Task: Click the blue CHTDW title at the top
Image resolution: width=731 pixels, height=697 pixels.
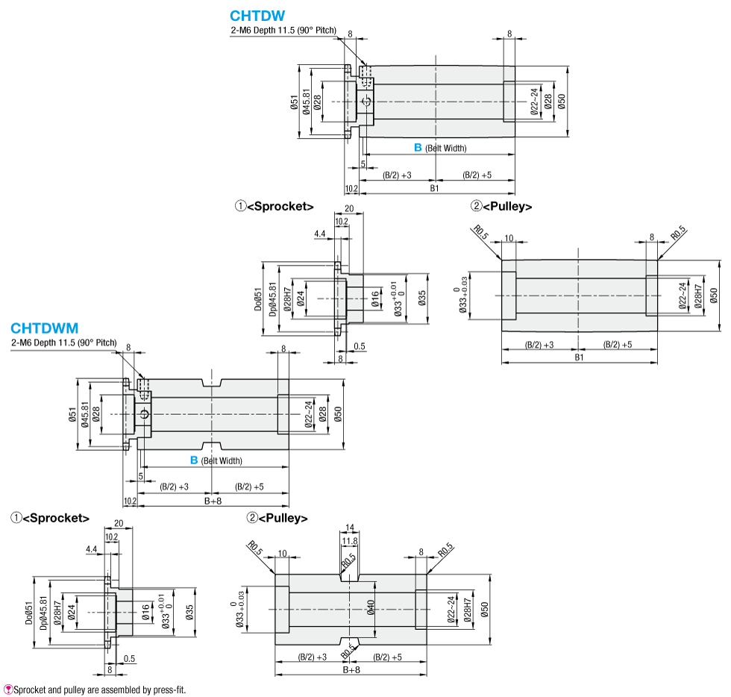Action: click(257, 16)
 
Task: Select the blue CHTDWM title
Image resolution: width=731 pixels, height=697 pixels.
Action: click(45, 328)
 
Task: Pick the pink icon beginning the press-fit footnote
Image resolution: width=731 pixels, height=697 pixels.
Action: click(7, 689)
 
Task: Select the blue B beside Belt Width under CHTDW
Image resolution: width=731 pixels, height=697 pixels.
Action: click(418, 148)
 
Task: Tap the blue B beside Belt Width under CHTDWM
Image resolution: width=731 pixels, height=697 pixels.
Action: click(194, 460)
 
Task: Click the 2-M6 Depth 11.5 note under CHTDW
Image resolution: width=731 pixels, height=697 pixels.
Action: click(283, 31)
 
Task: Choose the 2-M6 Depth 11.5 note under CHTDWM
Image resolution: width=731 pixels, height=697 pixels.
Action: click(64, 343)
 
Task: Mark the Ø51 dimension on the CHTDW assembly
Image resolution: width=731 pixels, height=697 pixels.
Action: click(295, 102)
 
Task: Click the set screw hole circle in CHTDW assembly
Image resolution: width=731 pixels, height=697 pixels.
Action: click(365, 102)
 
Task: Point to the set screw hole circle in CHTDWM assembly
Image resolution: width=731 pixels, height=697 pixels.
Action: click(145, 414)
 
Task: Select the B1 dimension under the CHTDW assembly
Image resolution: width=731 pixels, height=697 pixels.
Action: click(434, 188)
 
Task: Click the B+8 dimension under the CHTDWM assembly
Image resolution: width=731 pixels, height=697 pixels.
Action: click(213, 501)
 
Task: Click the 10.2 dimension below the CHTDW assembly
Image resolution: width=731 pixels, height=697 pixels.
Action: click(351, 188)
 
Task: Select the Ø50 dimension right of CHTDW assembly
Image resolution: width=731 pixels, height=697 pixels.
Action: click(562, 101)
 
